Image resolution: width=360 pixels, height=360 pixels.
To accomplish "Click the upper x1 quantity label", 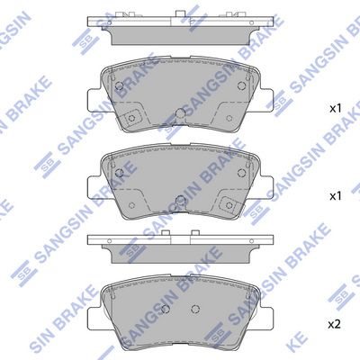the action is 336,109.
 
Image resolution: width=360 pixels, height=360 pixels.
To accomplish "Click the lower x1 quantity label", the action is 336,196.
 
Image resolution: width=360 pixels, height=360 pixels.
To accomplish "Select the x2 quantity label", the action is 335,324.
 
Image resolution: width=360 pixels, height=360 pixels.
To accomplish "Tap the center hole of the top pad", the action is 180,113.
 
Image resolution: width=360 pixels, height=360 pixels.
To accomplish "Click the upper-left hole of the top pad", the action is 120,85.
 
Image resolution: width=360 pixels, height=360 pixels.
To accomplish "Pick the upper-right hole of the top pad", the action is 241,85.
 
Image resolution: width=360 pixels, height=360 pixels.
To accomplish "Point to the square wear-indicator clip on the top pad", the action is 130,118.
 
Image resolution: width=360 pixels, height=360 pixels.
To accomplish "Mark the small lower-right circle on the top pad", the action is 229,118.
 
